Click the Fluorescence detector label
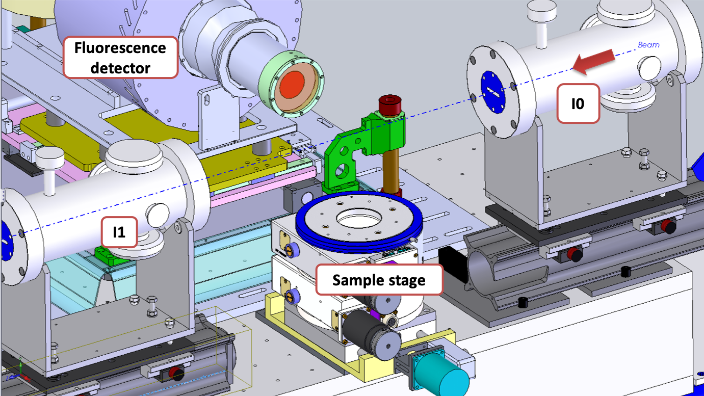pos(120,58)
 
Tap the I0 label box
pos(578,103)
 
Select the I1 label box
pos(119,232)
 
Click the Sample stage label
pos(379,280)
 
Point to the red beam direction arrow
pos(593,62)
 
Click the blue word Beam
pos(648,45)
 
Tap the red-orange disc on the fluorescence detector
pos(292,84)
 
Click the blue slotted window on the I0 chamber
pos(493,92)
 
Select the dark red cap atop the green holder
pos(389,104)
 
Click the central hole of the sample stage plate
pos(359,218)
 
